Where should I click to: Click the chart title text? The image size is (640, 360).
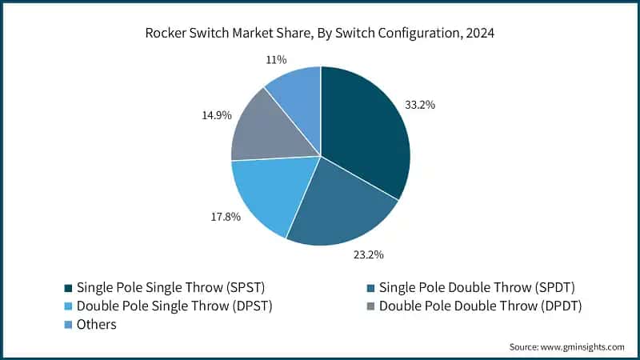[x=320, y=34]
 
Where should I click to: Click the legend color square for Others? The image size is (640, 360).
[x=70, y=325]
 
